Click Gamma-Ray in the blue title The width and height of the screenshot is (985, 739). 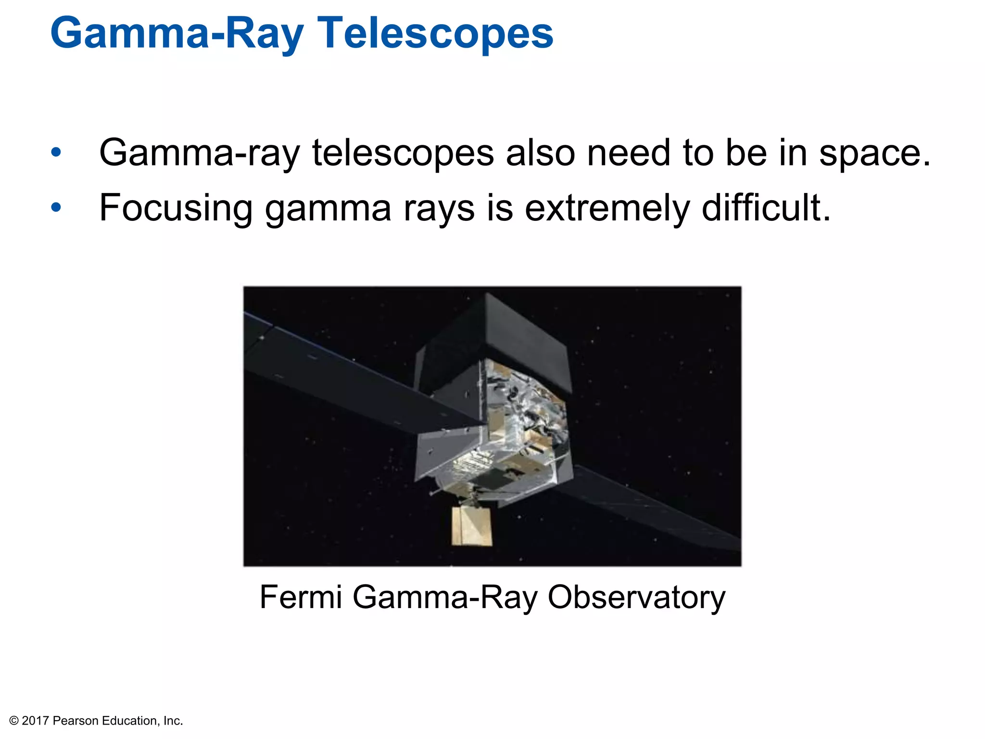177,34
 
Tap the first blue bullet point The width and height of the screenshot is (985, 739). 56,153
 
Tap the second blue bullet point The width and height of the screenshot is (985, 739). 56,208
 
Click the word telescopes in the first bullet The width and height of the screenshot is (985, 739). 403,153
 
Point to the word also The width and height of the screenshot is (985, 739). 540,153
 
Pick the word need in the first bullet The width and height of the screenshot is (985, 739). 629,153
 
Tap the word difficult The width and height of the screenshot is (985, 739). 766,208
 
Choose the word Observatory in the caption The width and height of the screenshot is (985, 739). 636,597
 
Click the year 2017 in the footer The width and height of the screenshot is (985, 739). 36,721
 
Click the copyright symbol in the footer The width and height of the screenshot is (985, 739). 14,721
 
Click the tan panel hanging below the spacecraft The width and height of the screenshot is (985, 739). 471,527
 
